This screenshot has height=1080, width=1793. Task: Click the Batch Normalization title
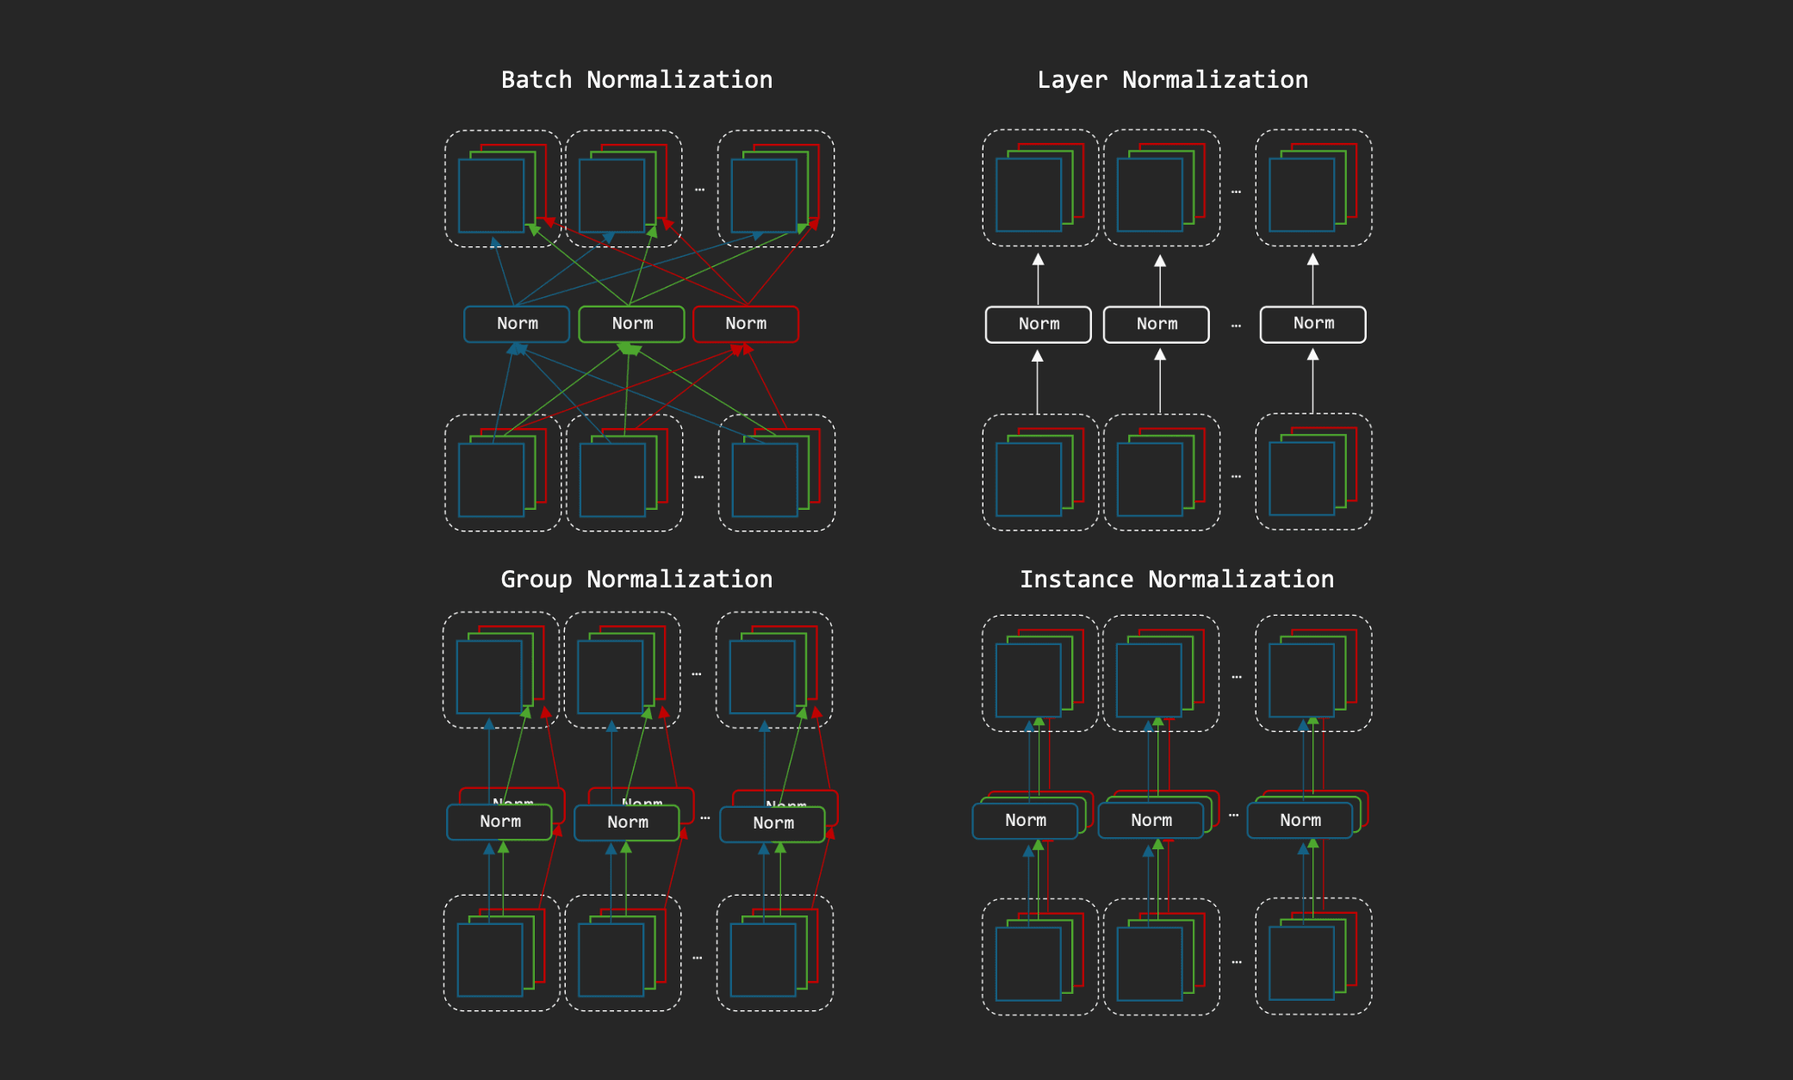636,80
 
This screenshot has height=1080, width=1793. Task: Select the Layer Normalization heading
1172,80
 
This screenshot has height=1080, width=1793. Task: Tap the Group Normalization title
636,580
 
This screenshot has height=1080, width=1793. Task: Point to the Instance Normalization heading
1176,580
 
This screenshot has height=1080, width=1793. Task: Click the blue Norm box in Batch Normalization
517,324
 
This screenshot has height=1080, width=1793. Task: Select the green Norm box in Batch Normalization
632,324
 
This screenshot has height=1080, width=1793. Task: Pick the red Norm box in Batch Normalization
746,324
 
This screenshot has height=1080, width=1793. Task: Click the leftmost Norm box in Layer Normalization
1039,325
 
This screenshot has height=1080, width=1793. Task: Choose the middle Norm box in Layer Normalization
1157,325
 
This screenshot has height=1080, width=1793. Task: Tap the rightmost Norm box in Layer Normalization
1313,324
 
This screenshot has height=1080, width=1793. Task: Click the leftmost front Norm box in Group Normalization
499,822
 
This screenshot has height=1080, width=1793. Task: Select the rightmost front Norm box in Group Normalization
772,824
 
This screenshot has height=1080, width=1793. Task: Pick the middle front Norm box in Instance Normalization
1151,821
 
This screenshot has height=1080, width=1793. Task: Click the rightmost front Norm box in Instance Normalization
1300,821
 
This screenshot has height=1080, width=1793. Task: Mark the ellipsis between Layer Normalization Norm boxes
1236,326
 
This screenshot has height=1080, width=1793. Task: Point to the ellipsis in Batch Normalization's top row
699,189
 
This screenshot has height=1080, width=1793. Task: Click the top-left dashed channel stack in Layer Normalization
1040,188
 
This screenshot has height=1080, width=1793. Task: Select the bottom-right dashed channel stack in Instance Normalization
1313,957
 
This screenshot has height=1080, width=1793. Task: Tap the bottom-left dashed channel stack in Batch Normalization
503,473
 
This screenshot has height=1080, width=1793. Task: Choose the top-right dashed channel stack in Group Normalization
774,670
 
